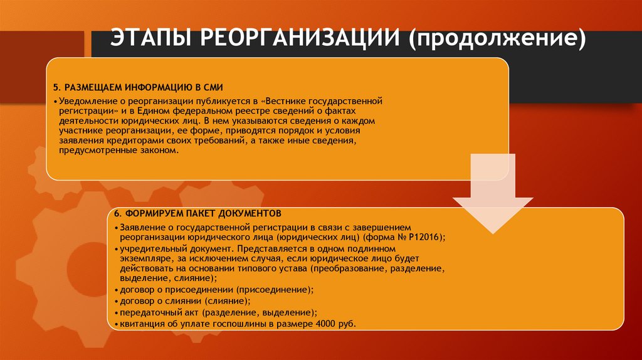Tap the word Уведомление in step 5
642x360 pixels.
pos(84,100)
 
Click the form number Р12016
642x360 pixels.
pos(425,237)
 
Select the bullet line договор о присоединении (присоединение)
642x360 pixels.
pos(213,290)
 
